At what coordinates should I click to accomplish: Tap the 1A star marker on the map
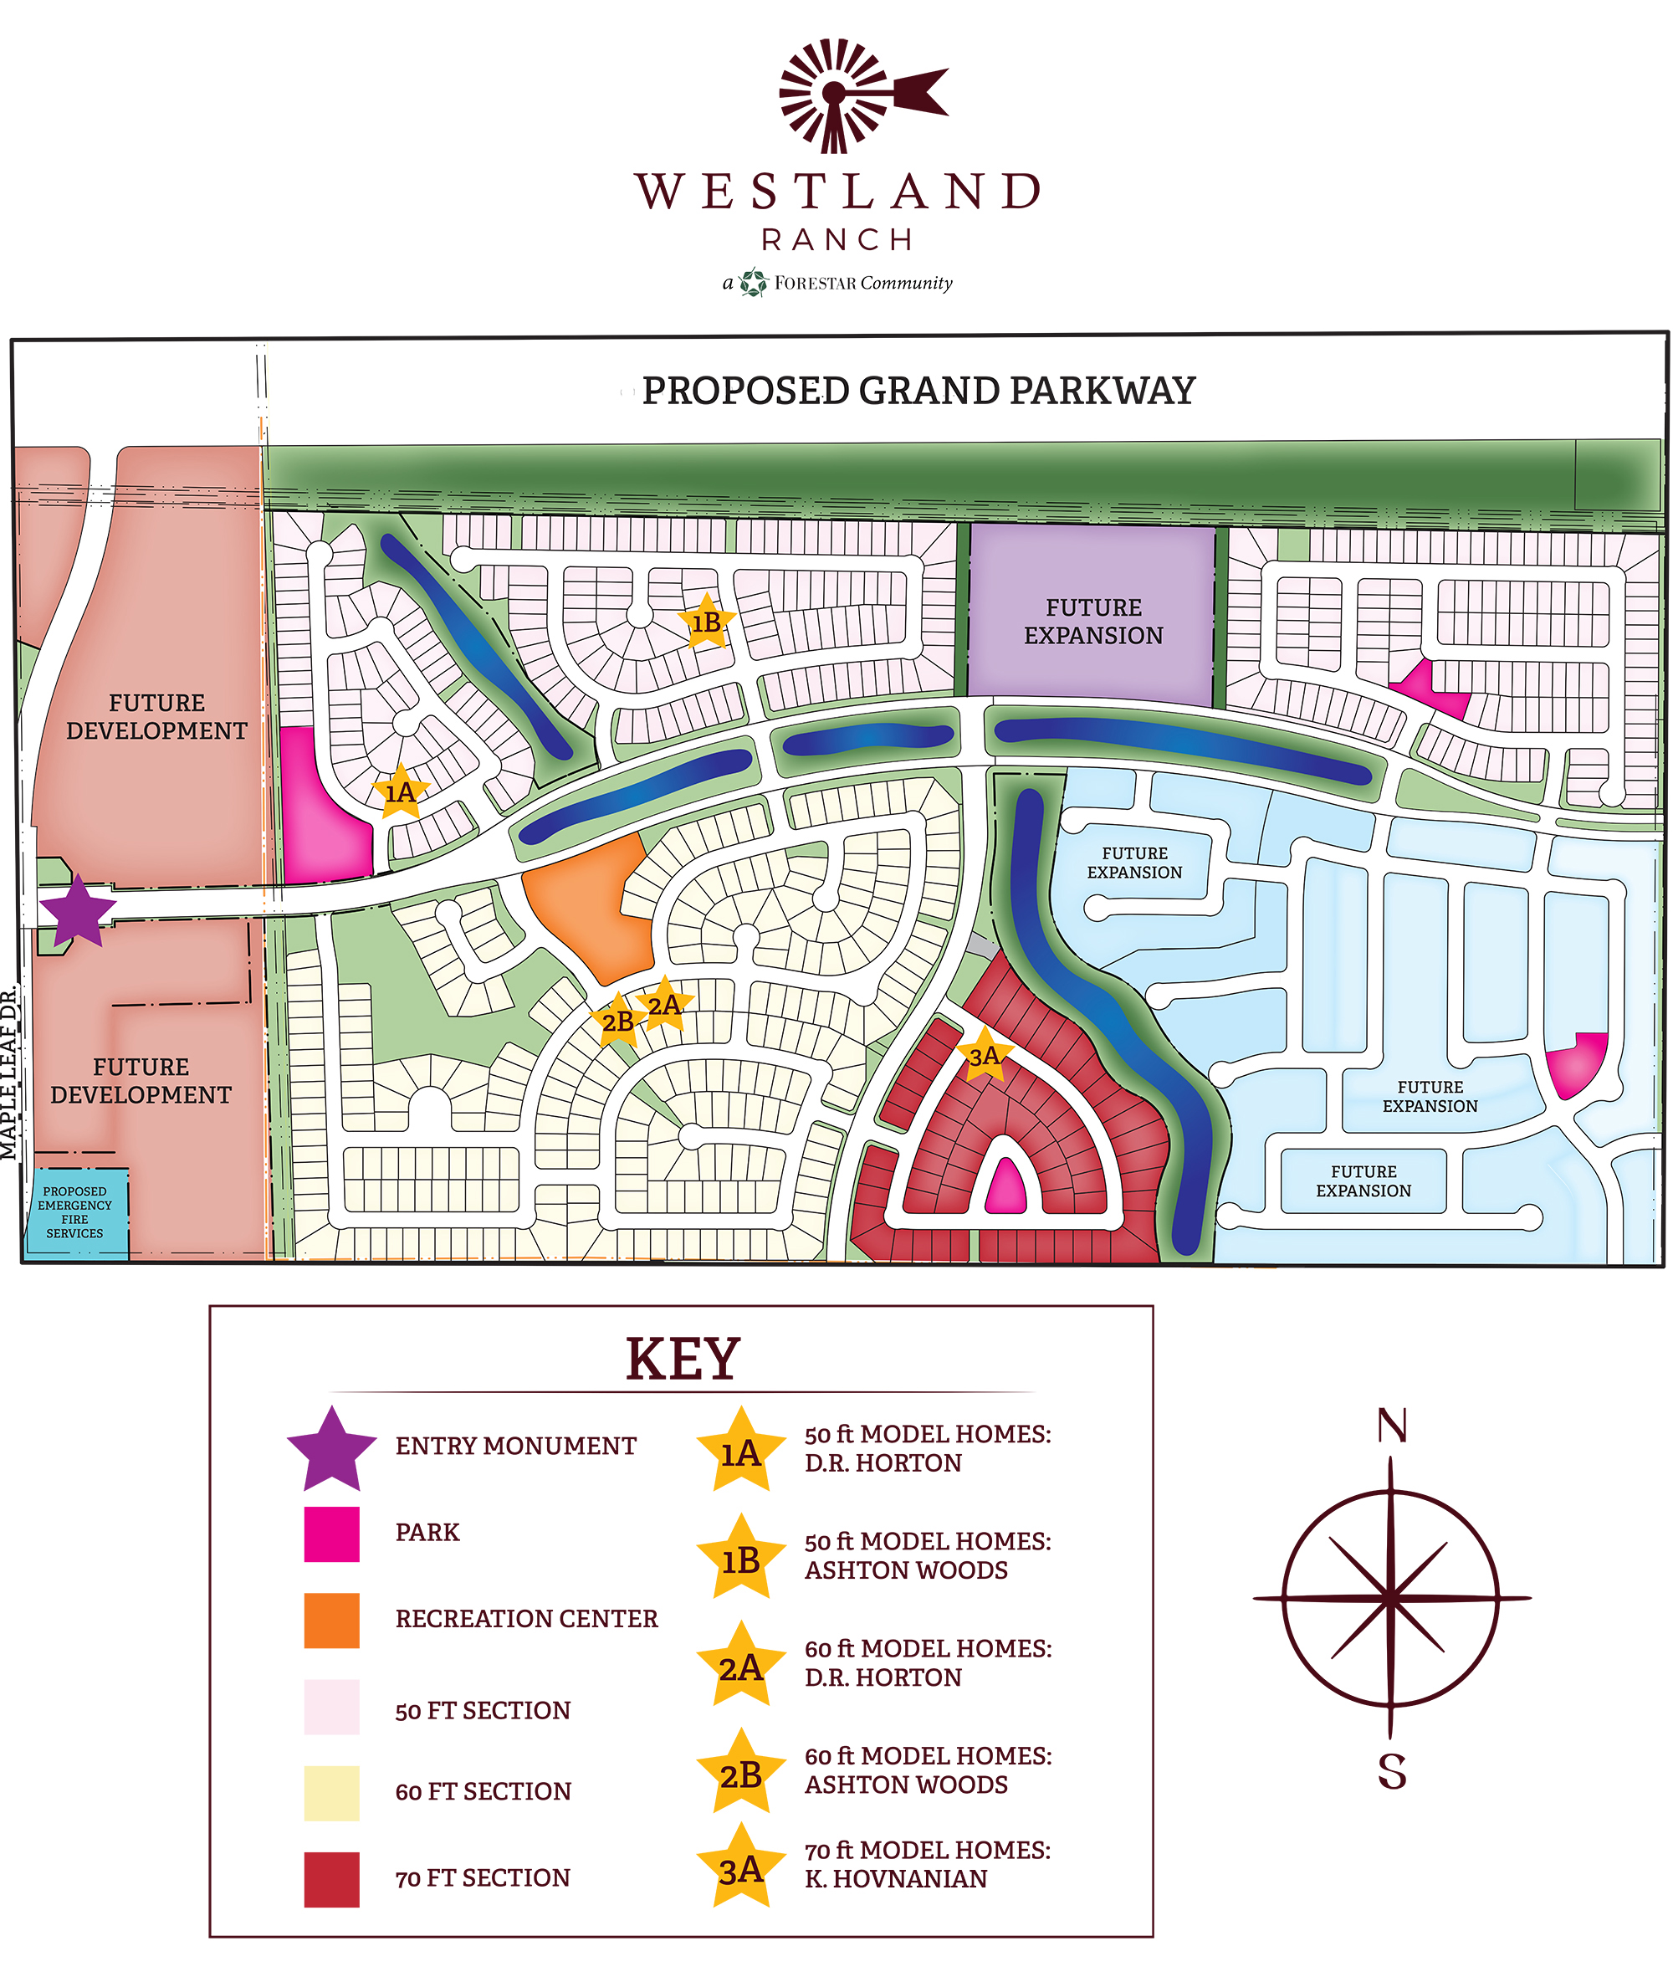(400, 791)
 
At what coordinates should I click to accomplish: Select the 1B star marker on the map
(706, 622)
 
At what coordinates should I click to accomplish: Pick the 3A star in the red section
(984, 1054)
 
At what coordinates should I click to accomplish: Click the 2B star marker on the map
(617, 1022)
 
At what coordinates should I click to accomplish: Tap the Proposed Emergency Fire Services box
(75, 1212)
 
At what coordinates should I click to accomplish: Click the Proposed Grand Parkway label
(918, 391)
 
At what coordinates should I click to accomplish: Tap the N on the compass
(1391, 1426)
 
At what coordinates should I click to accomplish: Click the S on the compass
(1391, 1771)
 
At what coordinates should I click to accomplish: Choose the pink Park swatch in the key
(331, 1534)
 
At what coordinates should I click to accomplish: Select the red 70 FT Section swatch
(331, 1878)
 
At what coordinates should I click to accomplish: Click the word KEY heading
(682, 1359)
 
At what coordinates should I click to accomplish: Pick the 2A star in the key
(740, 1667)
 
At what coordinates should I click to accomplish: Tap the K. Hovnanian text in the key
(895, 1878)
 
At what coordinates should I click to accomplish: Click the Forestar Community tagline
(837, 283)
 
